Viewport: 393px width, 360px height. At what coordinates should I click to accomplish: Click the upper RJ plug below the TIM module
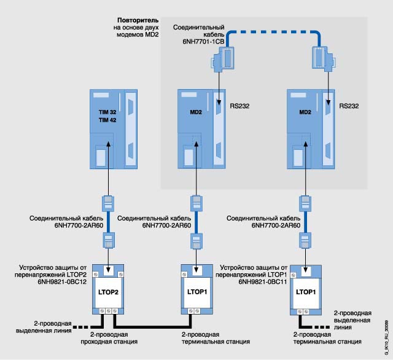click(107, 202)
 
